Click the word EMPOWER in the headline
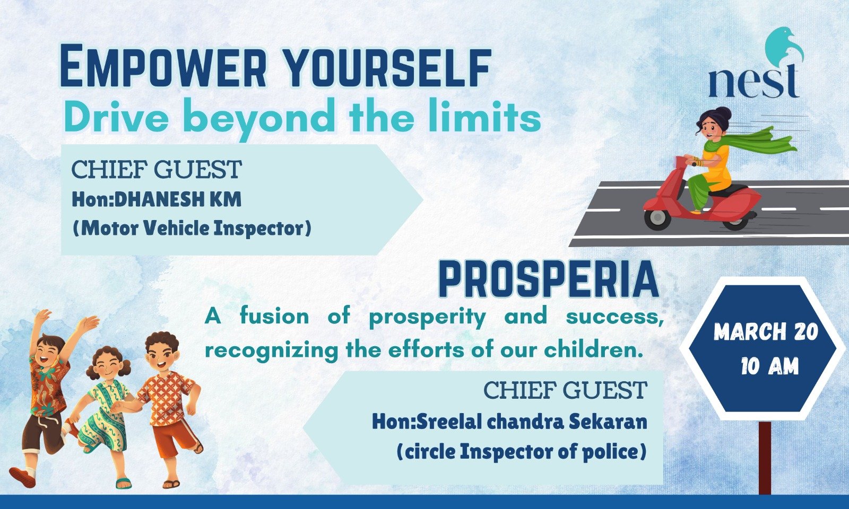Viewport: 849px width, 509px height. coord(163,66)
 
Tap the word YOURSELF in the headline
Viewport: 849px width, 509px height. coord(387,66)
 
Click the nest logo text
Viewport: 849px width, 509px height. coord(753,82)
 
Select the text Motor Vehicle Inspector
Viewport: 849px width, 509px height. coord(192,229)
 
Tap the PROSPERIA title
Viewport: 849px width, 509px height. coord(549,279)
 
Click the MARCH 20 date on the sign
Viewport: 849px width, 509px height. coord(766,332)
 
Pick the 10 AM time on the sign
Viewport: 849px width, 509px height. coord(770,366)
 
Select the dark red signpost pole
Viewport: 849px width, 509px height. coord(765,458)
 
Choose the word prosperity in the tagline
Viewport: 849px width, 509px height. coord(427,318)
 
